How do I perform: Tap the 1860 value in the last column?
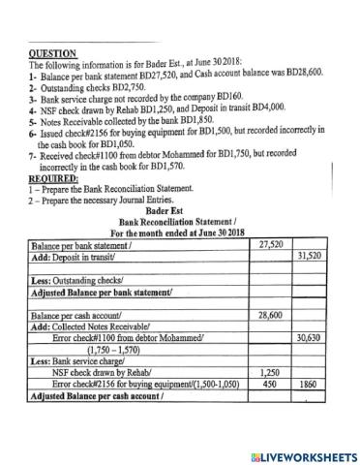309,384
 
